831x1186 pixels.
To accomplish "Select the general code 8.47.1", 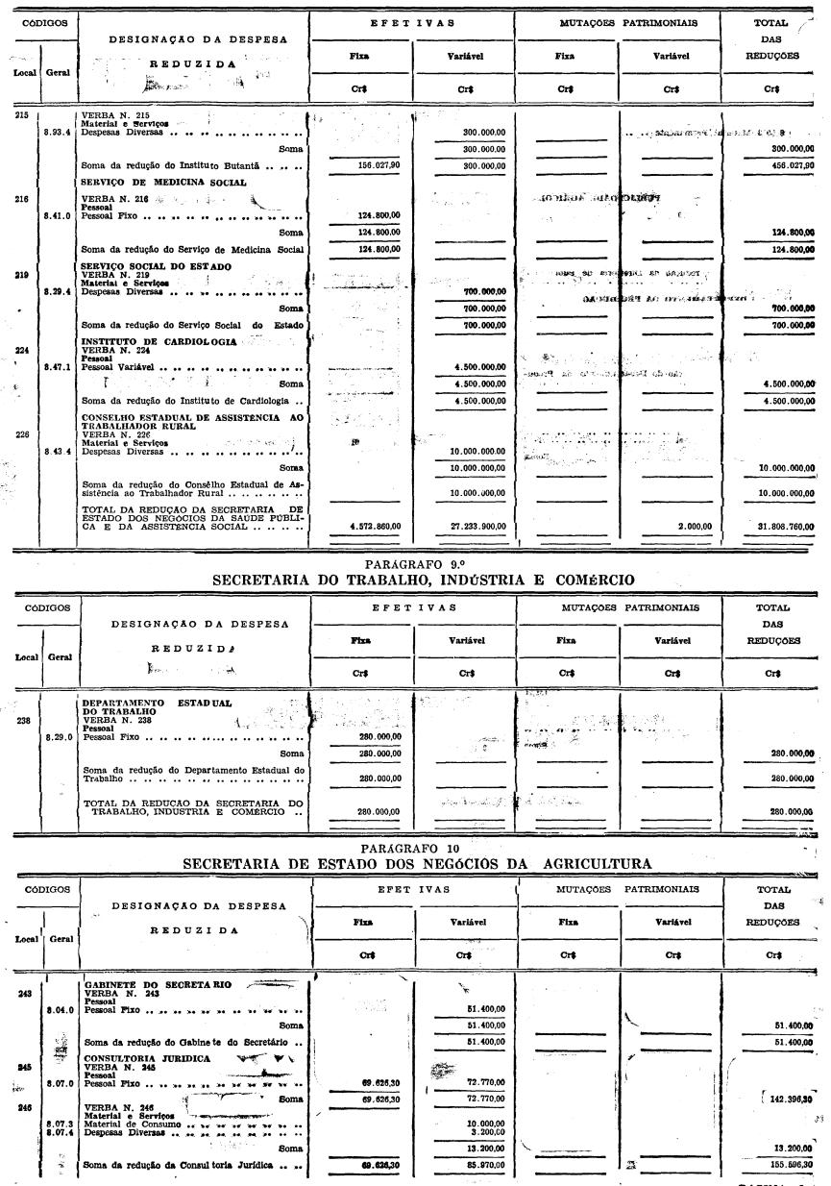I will [60, 366].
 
